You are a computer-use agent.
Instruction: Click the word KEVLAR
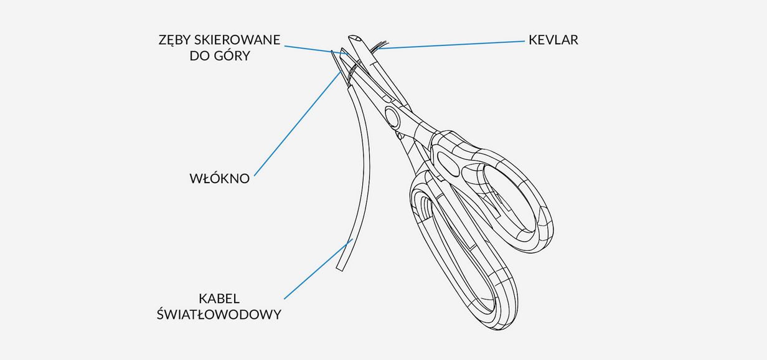553,40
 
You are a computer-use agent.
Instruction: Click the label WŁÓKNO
219,179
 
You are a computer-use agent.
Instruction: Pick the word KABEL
219,298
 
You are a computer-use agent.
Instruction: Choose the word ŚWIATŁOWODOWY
219,314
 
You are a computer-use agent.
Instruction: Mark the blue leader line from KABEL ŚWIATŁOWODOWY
318,268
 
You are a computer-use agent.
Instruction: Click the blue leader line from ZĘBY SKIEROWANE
311,48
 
